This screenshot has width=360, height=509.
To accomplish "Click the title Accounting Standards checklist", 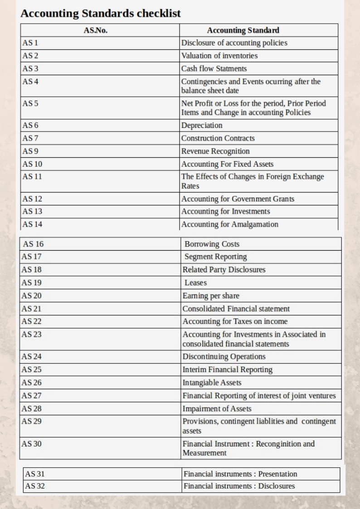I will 100,14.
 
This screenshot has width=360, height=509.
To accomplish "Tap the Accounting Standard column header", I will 243,30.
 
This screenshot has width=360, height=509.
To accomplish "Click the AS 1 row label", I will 30,43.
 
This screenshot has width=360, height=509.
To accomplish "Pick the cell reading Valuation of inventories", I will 219,56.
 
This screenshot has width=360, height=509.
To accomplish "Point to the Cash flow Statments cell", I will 214,68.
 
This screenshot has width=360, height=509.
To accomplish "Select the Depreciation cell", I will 202,125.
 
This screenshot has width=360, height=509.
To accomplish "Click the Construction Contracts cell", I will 218,138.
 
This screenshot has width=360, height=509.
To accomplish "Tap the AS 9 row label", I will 30,151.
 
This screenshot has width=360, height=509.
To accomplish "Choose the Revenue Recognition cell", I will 215,151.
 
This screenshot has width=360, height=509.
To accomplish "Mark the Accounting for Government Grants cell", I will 238,199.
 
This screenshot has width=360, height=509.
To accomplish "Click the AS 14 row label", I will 32,224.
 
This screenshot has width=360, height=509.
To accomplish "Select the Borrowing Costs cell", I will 212,244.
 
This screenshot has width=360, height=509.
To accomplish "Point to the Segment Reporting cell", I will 215,257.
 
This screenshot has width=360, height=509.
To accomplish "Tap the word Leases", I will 195,282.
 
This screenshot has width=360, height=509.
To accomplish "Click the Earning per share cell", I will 211,296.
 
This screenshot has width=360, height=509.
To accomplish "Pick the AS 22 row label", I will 32,321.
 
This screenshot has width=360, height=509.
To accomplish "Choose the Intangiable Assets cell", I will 212,383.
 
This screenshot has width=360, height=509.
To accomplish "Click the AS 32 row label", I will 35,486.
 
